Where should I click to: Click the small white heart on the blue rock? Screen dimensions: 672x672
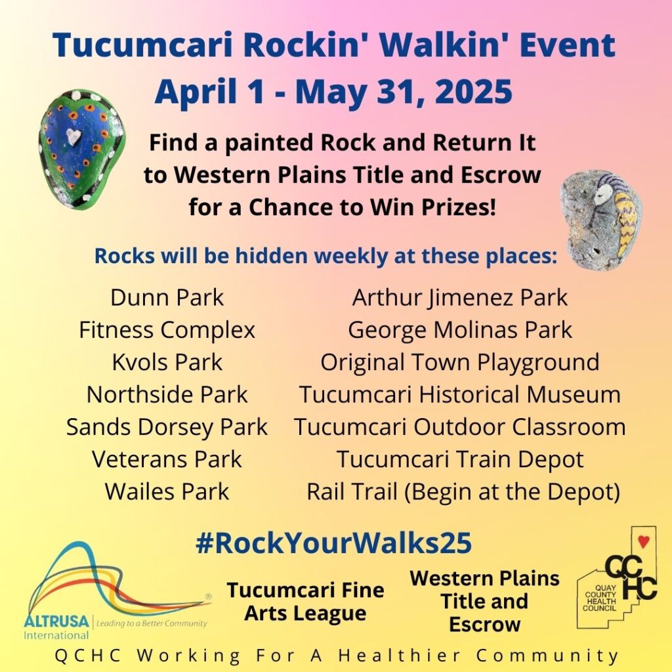tap(73, 136)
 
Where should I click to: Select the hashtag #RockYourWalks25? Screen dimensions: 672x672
tap(333, 543)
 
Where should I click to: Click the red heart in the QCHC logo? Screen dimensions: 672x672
tap(643, 541)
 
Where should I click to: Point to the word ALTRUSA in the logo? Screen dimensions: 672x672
tap(56, 621)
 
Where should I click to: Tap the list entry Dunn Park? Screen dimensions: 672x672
tap(167, 297)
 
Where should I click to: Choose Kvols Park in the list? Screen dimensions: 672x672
tap(167, 362)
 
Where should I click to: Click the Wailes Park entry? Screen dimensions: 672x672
tap(167, 491)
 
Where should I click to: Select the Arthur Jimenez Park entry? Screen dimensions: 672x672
tap(460, 298)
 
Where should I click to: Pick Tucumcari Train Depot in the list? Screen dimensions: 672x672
tap(460, 459)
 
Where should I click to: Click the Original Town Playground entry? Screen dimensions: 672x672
tap(460, 362)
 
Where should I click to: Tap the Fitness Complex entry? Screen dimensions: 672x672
tap(167, 331)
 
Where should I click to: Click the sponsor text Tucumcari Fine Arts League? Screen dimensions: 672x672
tap(306, 601)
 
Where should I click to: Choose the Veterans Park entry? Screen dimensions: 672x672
tap(167, 459)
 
